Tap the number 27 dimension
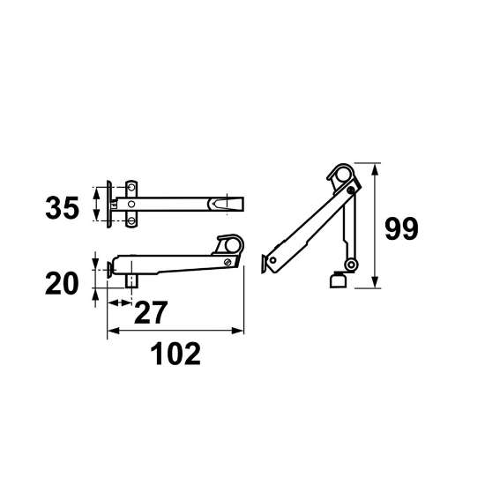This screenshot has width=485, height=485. pyautogui.click(x=151, y=312)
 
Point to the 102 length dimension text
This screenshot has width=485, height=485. pyautogui.click(x=175, y=354)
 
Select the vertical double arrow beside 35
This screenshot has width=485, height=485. pyautogui.click(x=95, y=206)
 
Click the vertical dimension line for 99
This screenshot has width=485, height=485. pyautogui.click(x=377, y=225)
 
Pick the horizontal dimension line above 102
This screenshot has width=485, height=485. pyautogui.click(x=175, y=332)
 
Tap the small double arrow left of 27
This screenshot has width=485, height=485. pyautogui.click(x=116, y=302)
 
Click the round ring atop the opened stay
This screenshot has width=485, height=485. pyautogui.click(x=339, y=174)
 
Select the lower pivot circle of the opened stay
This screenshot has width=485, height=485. pyautogui.click(x=351, y=265)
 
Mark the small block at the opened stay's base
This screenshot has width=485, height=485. pyautogui.click(x=336, y=281)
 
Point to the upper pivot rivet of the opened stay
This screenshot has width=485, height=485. pyautogui.click(x=351, y=189)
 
